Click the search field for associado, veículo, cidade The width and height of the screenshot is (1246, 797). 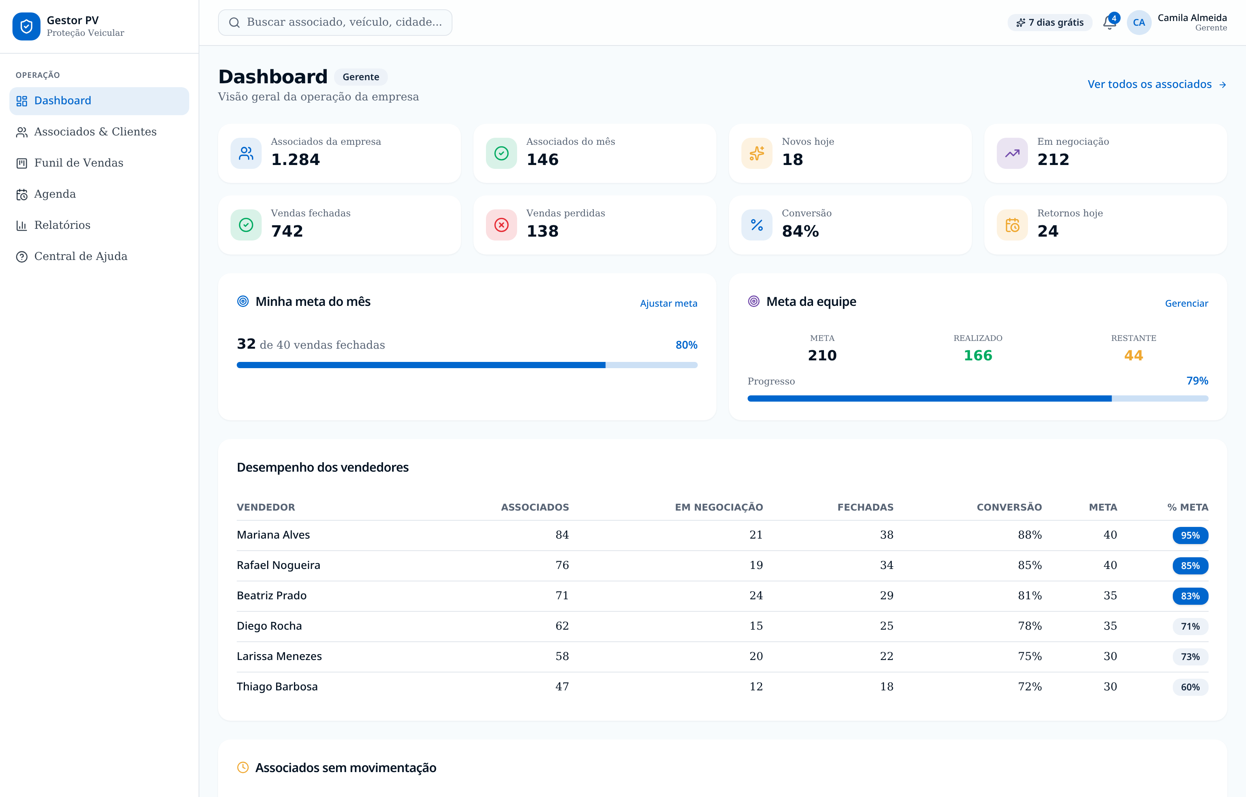pos(335,22)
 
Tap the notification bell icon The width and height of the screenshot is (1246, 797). pos(1109,22)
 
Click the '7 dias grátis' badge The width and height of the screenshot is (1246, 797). pos(1049,22)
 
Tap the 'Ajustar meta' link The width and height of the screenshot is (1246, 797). pos(668,303)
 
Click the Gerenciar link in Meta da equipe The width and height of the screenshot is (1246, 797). pos(1186,303)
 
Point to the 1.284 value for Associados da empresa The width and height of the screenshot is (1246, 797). pos(296,160)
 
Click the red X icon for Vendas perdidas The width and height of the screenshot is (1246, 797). pos(501,225)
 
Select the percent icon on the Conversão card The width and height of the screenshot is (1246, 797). pos(757,225)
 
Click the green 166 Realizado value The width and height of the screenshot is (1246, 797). pos(978,356)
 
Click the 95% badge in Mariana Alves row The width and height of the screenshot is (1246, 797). pos(1190,535)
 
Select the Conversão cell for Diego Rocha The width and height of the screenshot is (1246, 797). pos(1030,626)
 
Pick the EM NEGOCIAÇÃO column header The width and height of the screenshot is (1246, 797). pos(718,507)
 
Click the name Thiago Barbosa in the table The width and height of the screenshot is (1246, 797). pos(277,687)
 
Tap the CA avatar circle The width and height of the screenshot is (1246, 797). pos(1139,22)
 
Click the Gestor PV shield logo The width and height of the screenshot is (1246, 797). pos(26,26)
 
